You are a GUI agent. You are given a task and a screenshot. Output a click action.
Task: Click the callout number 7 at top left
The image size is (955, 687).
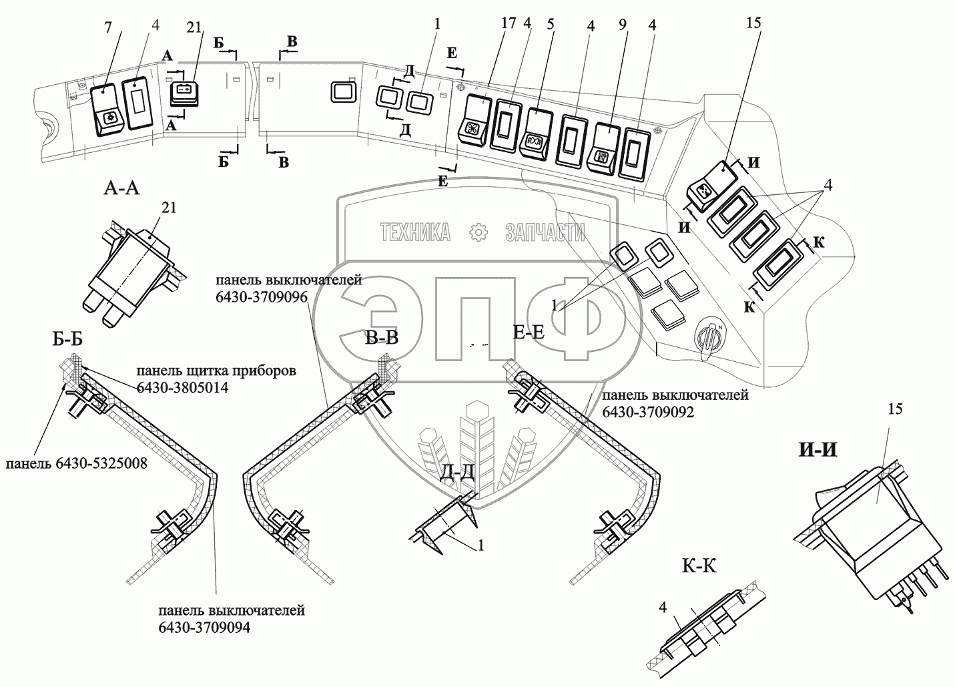point(108,27)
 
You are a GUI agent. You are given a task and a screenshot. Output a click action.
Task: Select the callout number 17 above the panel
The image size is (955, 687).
point(509,23)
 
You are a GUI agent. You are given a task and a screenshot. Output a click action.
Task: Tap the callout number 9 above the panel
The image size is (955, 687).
point(623,25)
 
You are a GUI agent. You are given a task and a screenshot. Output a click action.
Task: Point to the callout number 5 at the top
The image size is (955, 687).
point(551,24)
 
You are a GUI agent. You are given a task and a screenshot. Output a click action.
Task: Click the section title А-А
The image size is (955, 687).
point(121,188)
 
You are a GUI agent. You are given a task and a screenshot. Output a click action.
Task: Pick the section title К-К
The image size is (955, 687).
point(699,566)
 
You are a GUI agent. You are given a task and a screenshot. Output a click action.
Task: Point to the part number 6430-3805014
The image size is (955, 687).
point(182,387)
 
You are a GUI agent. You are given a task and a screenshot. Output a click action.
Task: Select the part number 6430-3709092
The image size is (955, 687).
point(648,412)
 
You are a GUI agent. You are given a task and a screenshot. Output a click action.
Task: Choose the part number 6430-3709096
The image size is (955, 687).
point(262,297)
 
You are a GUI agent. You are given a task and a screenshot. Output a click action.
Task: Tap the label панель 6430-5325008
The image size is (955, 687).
point(76,463)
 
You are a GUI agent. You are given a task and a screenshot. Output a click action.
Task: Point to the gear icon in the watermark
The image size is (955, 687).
point(478,232)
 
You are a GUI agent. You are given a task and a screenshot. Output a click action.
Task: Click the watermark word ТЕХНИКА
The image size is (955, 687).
point(415,232)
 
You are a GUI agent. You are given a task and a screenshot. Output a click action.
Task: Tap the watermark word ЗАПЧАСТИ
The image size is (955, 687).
point(545,232)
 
